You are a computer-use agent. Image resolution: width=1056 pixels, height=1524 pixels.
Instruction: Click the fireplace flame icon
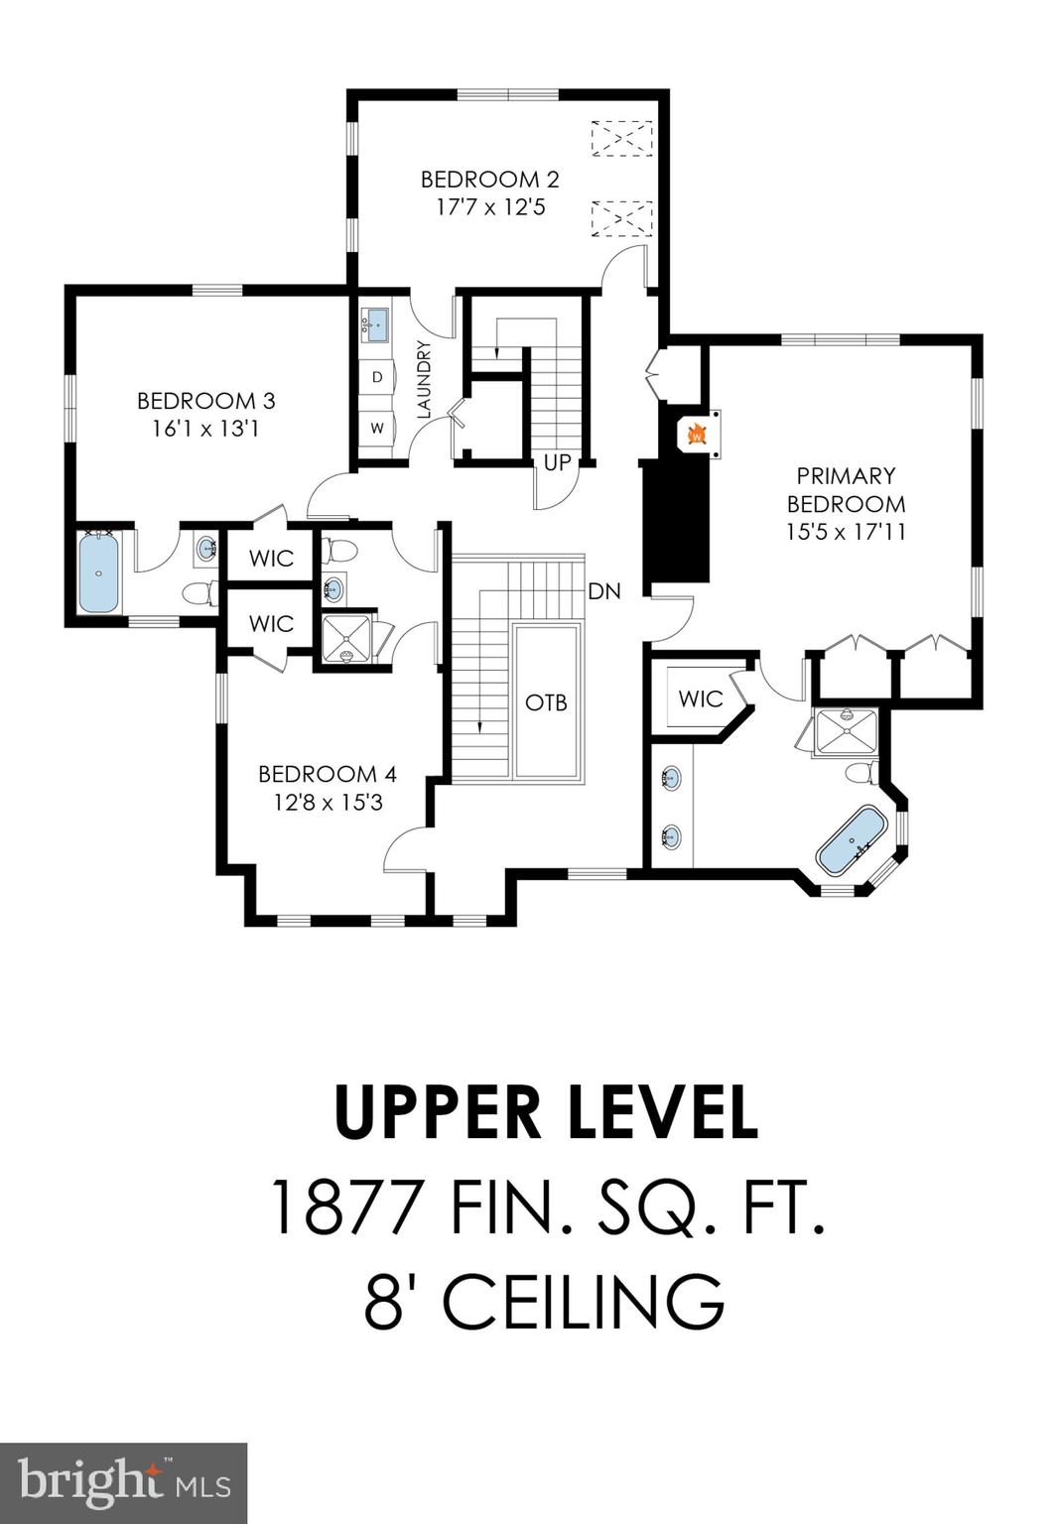(697, 434)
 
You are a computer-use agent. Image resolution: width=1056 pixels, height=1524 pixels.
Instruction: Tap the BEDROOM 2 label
(489, 180)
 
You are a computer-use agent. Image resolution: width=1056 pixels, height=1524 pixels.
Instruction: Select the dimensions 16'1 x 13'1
(205, 429)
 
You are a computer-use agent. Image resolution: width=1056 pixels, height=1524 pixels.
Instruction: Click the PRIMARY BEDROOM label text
(846, 489)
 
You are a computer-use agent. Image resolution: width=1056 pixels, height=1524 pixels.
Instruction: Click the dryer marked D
(377, 377)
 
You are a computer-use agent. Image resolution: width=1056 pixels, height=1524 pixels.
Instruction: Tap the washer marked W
(377, 429)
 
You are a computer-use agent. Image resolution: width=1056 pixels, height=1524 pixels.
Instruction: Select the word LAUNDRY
(425, 380)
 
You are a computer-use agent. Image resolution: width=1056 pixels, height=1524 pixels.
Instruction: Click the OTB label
(546, 701)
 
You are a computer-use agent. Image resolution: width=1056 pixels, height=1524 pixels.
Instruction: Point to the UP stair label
(557, 462)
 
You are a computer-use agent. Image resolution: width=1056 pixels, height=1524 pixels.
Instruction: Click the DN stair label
(604, 591)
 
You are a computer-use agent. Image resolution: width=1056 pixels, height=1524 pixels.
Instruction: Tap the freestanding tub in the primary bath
(851, 839)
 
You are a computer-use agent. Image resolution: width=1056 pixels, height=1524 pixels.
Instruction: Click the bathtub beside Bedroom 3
(98, 573)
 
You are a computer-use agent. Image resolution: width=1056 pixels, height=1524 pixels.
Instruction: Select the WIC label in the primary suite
(700, 698)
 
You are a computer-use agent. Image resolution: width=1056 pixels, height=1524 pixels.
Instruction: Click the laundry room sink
(377, 322)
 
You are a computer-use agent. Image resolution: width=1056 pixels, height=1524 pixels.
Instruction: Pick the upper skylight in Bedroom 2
(621, 138)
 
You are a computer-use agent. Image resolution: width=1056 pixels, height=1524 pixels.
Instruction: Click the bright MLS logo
(123, 1482)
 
